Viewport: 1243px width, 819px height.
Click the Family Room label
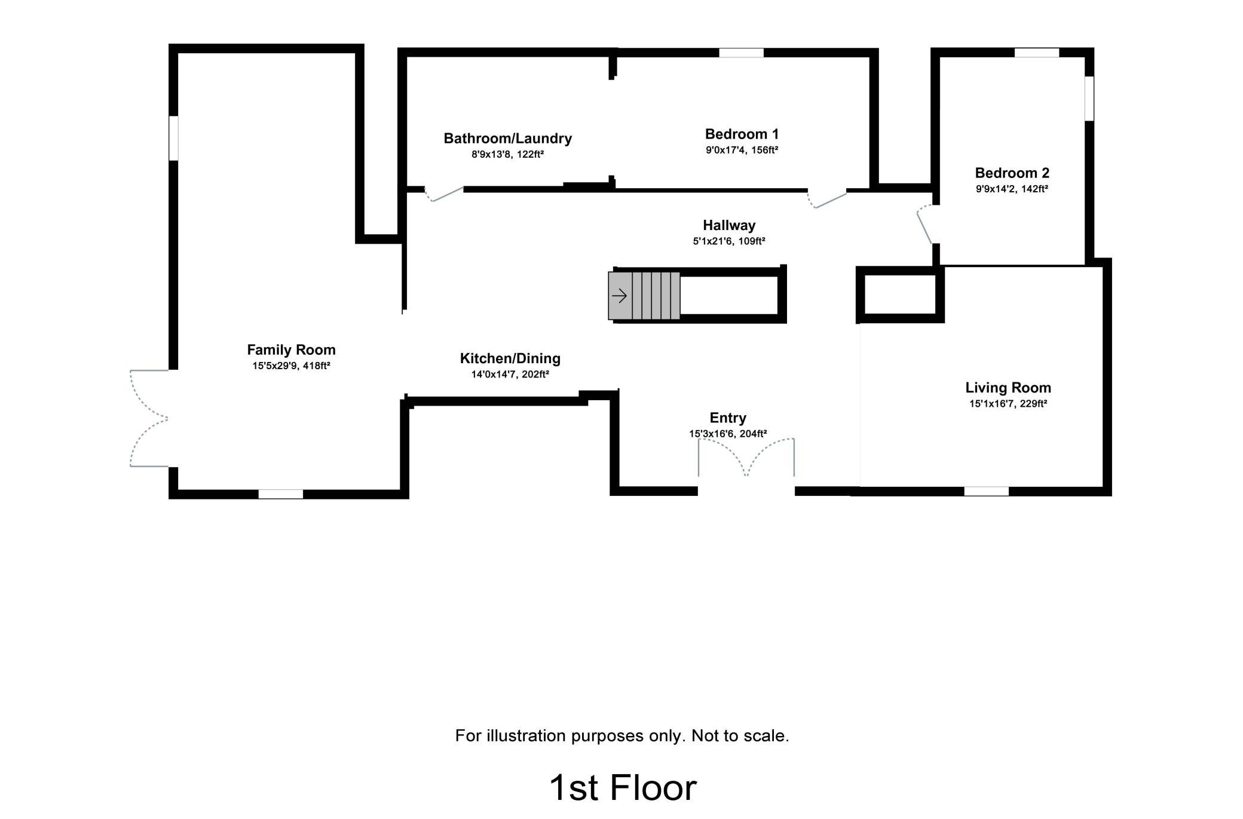[291, 349]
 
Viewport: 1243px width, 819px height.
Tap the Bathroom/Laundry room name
[507, 139]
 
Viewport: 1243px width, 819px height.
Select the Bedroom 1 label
[742, 134]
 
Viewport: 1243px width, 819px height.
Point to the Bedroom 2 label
[1012, 173]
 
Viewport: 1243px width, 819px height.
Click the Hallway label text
[729, 225]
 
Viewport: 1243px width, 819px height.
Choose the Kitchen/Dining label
[510, 358]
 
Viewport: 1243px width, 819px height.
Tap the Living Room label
[1008, 388]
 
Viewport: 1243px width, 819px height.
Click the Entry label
[728, 418]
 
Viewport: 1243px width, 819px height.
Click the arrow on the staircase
[619, 295]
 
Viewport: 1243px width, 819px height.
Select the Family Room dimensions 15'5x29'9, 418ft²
[291, 366]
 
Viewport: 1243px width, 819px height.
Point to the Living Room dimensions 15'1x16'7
[991, 404]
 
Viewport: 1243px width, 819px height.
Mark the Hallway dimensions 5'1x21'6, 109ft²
[729, 241]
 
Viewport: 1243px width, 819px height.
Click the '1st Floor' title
[622, 787]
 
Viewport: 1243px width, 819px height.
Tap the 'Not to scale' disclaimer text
[740, 735]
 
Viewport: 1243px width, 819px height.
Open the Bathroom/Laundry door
[444, 194]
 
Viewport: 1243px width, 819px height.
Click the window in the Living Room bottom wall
[986, 491]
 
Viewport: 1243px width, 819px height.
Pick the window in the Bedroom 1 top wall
[741, 53]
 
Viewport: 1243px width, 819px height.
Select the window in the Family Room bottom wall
[280, 494]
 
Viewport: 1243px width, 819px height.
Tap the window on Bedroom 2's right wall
[1089, 98]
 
